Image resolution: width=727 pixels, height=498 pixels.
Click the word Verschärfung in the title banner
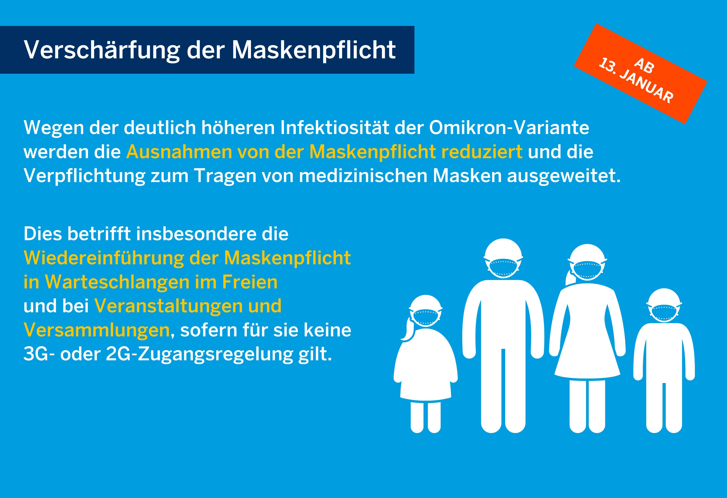coord(102,50)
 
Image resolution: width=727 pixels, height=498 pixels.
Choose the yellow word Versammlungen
coord(96,330)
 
